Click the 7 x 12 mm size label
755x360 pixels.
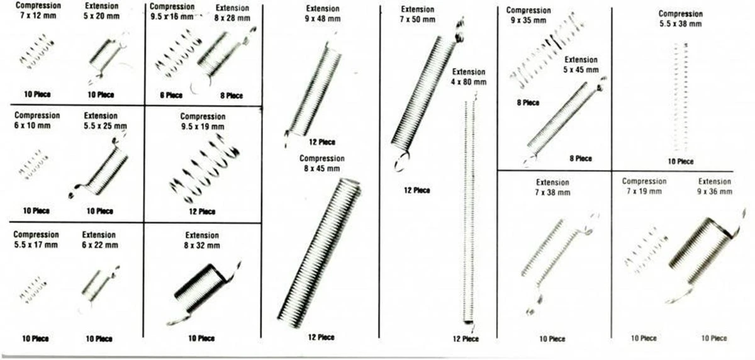(x=38, y=16)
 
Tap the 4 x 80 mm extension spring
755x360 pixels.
(x=469, y=212)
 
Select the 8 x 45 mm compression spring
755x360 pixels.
(x=319, y=253)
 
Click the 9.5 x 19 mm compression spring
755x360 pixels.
(x=204, y=169)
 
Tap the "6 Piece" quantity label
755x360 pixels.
(x=171, y=96)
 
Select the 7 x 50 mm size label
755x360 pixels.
(x=418, y=20)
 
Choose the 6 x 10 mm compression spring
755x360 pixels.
(x=33, y=164)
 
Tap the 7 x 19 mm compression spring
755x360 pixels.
(x=646, y=250)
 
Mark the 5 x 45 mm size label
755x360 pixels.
(x=581, y=70)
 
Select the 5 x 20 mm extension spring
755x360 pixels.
(x=107, y=57)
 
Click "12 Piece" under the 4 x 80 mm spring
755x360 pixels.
(x=466, y=339)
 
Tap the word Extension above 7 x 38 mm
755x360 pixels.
(x=552, y=183)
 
